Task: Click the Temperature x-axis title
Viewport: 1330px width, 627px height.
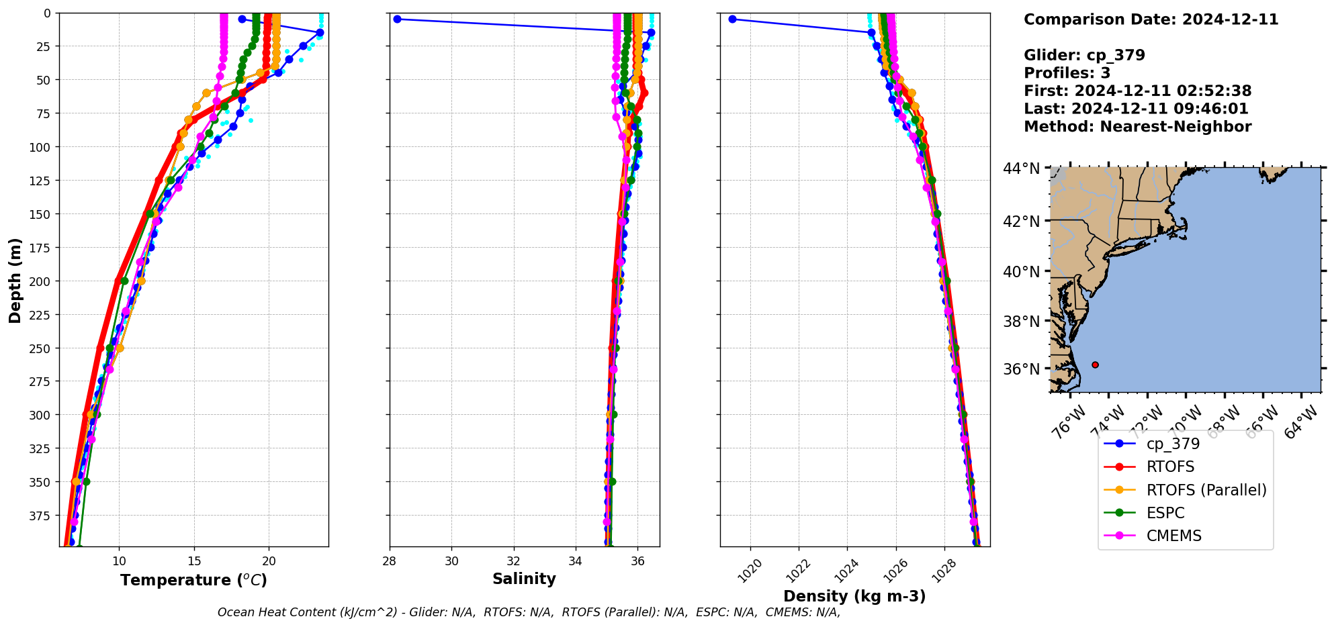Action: [193, 580]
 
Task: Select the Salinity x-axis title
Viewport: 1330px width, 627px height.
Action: [524, 579]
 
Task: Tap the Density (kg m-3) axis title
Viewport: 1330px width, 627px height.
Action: [854, 596]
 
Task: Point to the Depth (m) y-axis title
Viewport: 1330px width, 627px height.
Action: [15, 280]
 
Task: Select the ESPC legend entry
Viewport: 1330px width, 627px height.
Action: [1165, 513]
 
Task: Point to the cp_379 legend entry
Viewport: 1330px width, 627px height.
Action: [1173, 444]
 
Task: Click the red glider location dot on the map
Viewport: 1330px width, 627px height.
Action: [1095, 365]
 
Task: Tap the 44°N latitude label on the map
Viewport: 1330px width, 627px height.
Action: [1021, 168]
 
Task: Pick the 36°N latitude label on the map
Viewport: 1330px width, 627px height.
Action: [1021, 369]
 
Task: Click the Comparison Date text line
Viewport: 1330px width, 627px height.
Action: [1151, 19]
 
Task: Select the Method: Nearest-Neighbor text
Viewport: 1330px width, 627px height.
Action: [1137, 127]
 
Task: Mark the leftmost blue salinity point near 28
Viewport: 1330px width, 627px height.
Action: [397, 19]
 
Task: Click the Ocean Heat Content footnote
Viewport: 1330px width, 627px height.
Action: [529, 612]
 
